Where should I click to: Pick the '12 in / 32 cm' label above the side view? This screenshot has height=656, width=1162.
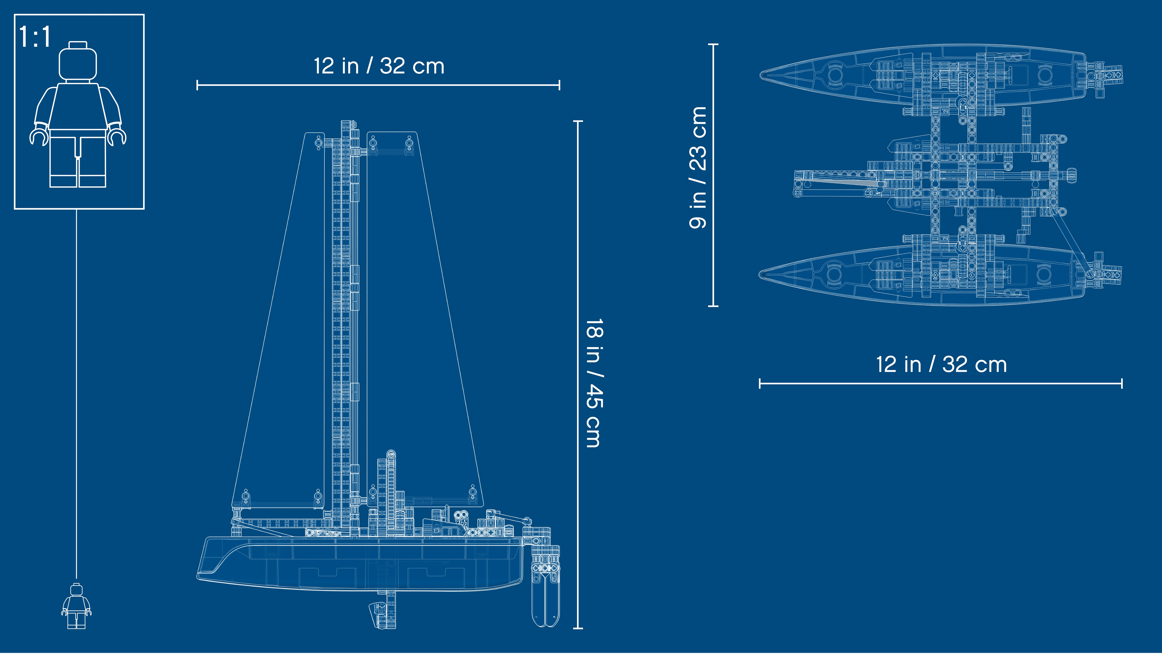click(x=379, y=66)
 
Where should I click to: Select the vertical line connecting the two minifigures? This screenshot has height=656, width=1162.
click(x=76, y=392)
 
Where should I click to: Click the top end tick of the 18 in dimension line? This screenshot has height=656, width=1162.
click(x=578, y=121)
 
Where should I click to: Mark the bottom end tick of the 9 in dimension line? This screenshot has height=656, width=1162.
click(x=713, y=306)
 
